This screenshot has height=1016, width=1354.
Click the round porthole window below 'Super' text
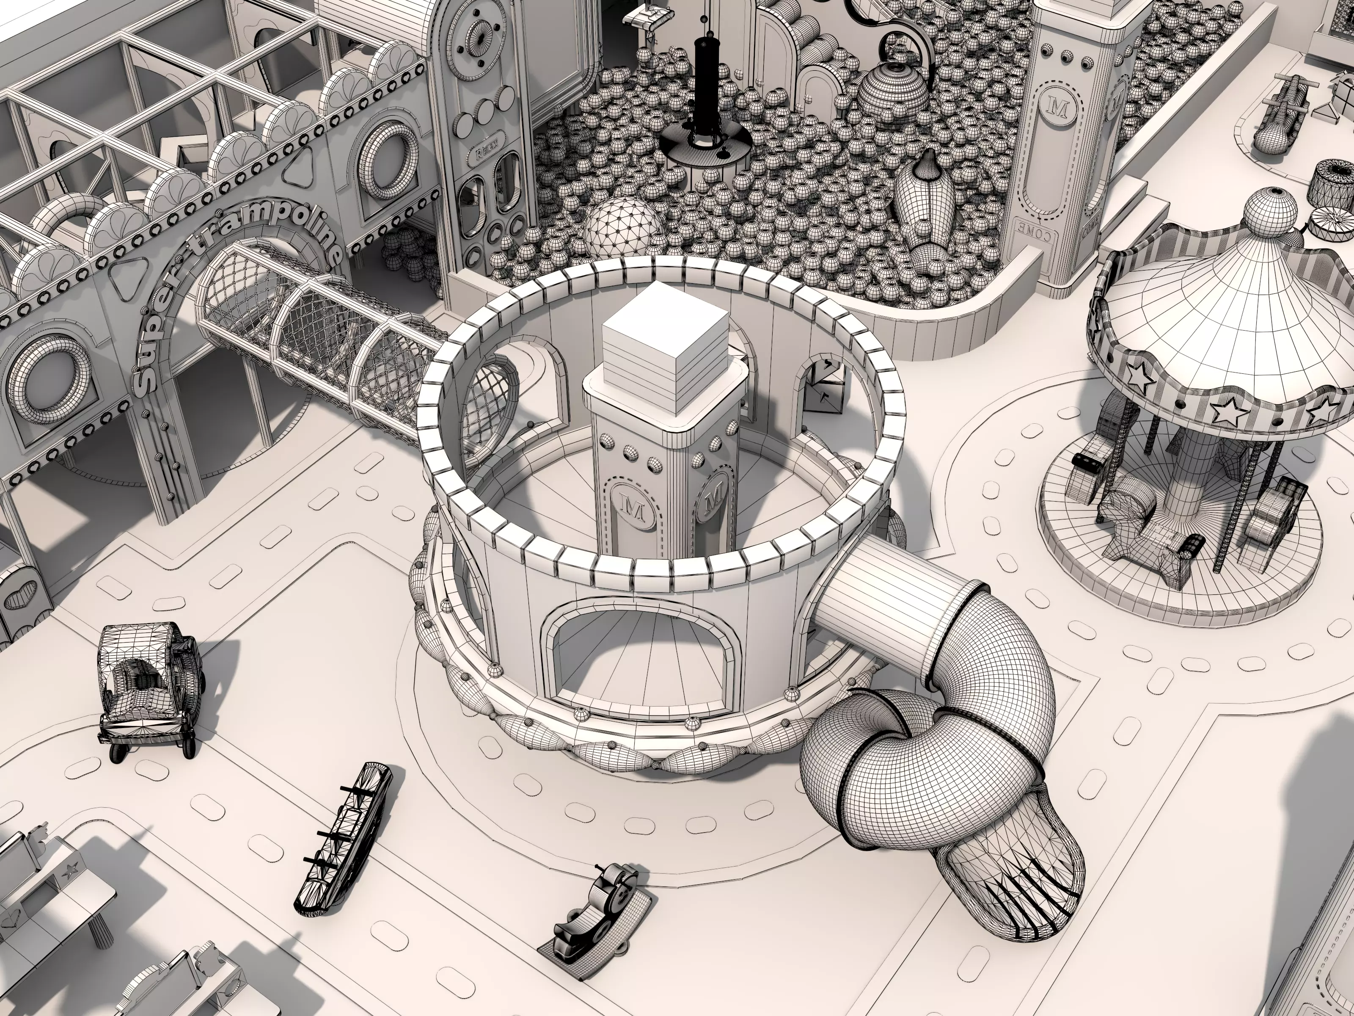[52, 380]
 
